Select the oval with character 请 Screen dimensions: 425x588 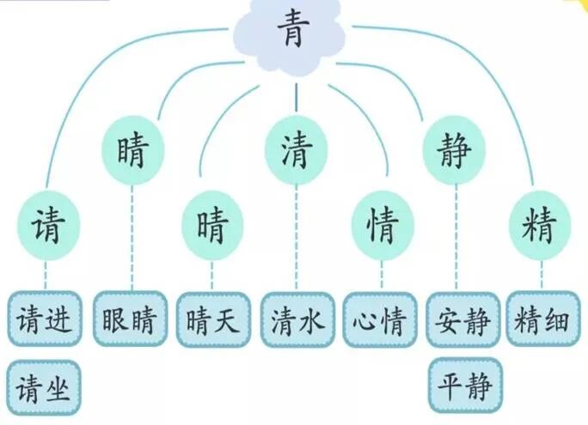[46, 226]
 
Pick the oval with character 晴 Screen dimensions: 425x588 [212, 226]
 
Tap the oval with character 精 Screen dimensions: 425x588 [540, 226]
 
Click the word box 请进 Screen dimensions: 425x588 [45, 319]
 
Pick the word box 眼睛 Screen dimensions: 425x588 [130, 319]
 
